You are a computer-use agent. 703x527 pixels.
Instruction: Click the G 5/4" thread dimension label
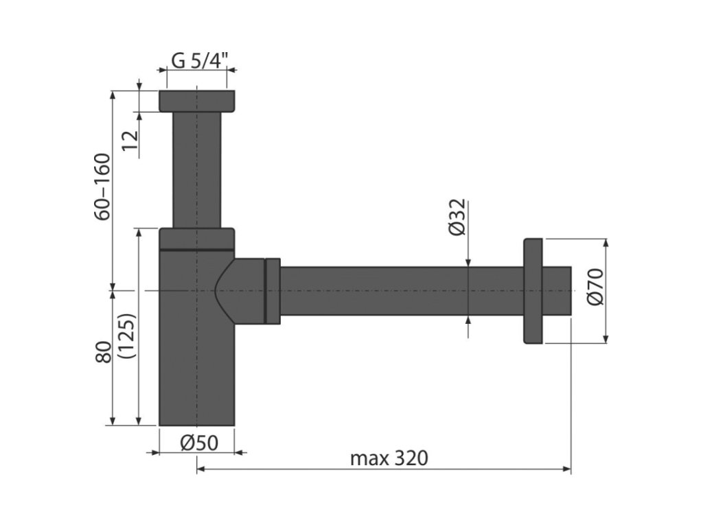pos(200,60)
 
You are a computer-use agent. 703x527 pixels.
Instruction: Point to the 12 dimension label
pos(130,140)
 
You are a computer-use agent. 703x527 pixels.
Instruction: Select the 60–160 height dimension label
pos(103,187)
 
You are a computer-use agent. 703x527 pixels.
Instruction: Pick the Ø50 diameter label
pos(199,443)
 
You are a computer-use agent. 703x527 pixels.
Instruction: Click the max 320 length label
pos(389,458)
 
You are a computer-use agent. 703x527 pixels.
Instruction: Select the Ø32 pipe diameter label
pos(457,218)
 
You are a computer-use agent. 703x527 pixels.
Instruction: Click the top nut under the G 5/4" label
pos(197,102)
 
